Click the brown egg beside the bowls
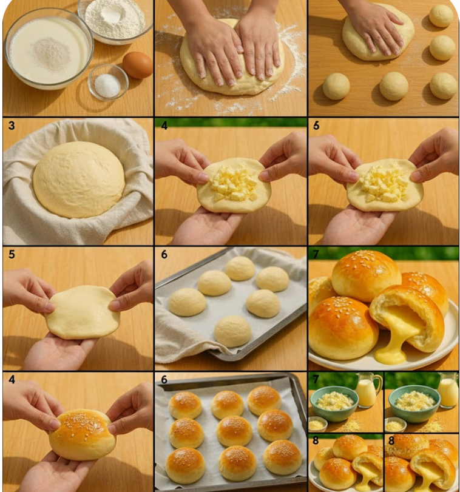[x=138, y=64]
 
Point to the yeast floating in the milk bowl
[x=51, y=53]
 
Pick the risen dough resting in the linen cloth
[x=79, y=179]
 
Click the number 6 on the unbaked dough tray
[x=164, y=255]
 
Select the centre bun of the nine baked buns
[x=234, y=430]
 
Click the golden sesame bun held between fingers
[x=83, y=434]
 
